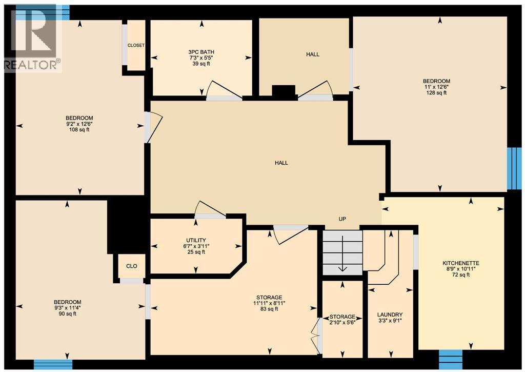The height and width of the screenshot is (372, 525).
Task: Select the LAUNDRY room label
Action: (390, 315)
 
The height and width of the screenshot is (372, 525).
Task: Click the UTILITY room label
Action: (196, 240)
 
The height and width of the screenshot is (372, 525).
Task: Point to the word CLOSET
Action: (136, 45)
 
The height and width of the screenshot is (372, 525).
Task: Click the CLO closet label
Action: (132, 266)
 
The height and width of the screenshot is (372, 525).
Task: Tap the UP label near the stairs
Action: (342, 219)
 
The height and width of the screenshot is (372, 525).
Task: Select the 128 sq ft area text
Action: (436, 93)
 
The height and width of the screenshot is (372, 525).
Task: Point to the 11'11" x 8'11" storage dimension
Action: (269, 303)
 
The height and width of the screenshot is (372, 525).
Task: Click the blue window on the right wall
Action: (514, 168)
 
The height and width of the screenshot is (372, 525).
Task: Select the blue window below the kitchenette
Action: (451, 356)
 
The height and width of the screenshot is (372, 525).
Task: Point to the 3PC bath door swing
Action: (223, 91)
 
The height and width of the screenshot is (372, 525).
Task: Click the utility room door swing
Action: (210, 210)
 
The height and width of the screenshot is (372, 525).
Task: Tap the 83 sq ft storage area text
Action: (269, 309)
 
